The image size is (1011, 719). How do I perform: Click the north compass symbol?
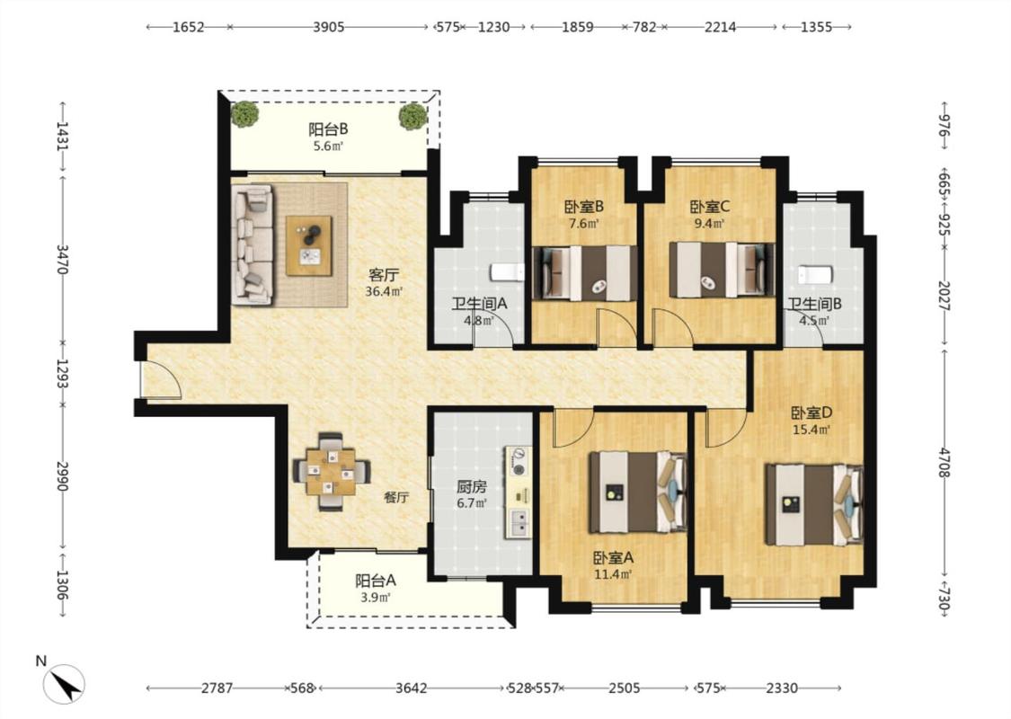pos(64,684)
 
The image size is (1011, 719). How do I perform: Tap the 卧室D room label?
pos(811,413)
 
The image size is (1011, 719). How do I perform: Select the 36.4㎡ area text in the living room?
pos(384,291)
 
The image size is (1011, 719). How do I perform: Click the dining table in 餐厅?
pos(332,472)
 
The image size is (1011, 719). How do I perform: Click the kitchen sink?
pos(519,522)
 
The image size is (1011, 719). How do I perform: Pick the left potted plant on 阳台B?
pos(245,114)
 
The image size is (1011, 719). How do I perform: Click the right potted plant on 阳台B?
pos(412,117)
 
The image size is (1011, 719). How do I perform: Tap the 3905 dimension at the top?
pos(329,27)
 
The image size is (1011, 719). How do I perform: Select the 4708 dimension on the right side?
pos(944,462)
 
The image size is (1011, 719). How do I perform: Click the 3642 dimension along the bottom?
pos(412,688)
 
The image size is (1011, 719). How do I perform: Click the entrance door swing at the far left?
pos(162,380)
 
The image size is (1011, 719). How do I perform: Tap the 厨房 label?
pos(472,487)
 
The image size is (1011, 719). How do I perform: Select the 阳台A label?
pos(376,581)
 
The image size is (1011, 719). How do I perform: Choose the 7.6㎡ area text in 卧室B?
pos(583,224)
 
